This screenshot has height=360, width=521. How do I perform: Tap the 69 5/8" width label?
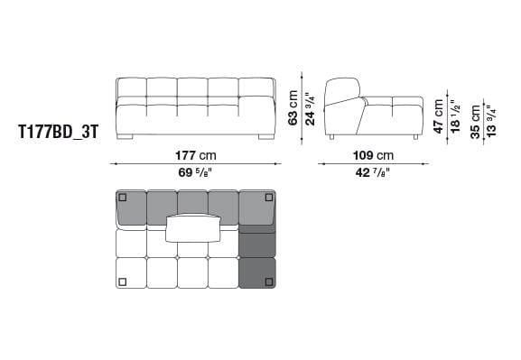(194, 171)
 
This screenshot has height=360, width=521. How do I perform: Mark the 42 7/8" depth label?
(373, 171)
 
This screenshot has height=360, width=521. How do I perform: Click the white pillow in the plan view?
(195, 228)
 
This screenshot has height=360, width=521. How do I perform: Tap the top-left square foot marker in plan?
(124, 197)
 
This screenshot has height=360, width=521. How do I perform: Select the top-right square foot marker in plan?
(268, 197)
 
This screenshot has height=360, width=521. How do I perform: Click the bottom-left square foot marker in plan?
(124, 282)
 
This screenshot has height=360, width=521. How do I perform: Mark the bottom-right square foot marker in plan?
(268, 282)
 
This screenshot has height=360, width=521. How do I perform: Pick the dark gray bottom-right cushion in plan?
(257, 272)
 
